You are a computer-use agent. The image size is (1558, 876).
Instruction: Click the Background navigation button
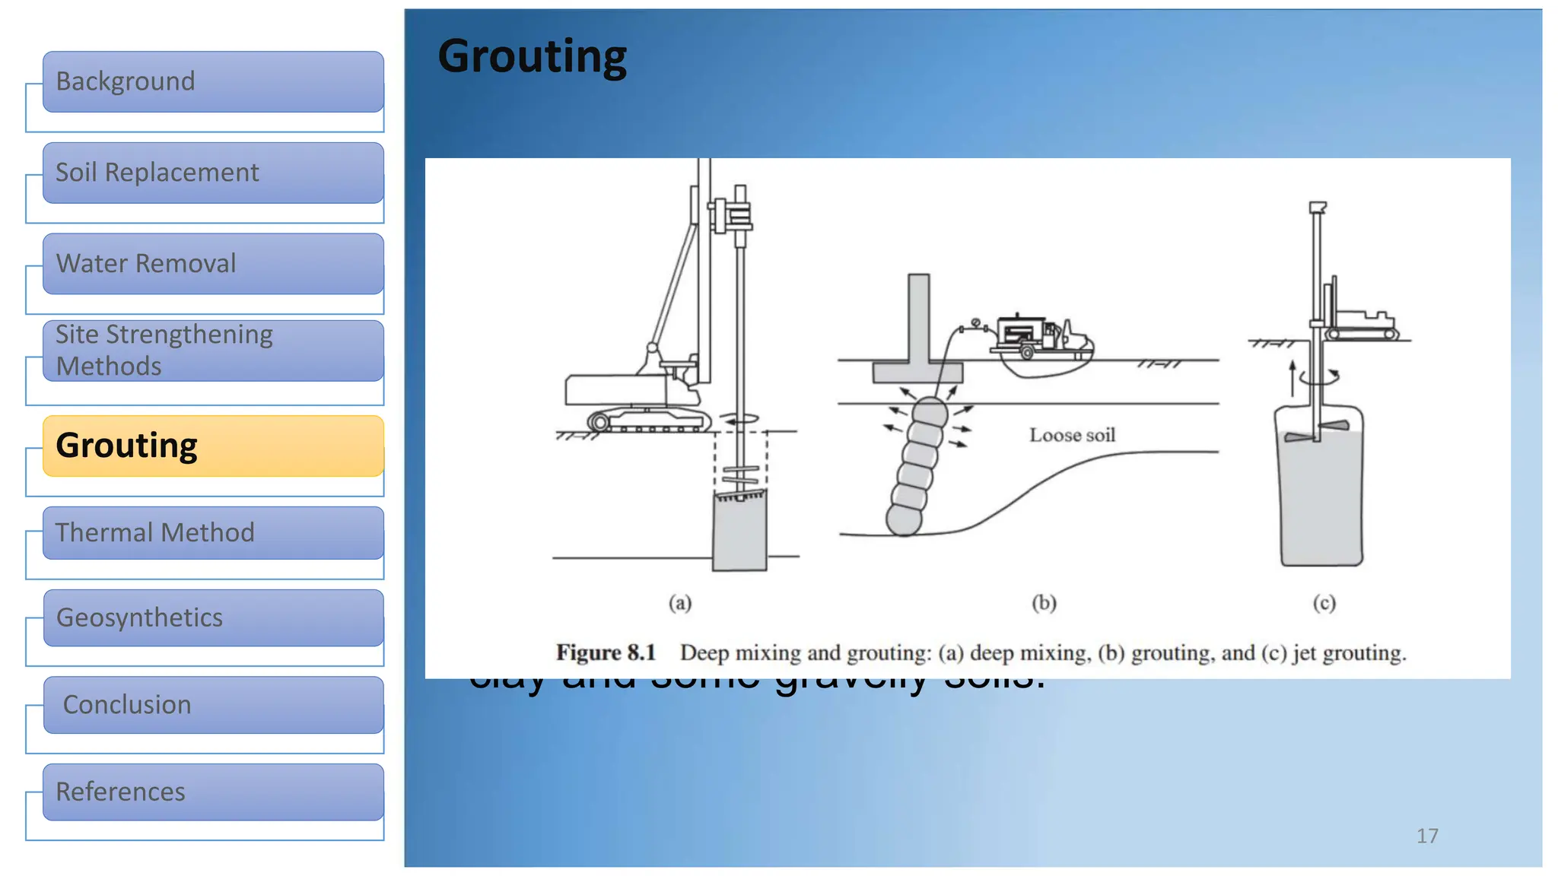click(213, 81)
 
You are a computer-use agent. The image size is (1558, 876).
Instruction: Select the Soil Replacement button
click(213, 173)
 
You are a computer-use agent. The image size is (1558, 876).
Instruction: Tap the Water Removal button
click(213, 264)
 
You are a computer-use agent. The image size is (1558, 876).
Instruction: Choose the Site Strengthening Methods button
click(213, 351)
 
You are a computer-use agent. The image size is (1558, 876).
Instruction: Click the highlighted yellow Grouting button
click(213, 446)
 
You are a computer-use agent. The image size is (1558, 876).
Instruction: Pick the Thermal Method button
click(213, 532)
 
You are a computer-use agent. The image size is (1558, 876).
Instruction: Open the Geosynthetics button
click(213, 617)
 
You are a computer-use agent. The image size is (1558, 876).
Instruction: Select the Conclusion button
click(213, 705)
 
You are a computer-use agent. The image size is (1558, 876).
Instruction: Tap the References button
click(213, 792)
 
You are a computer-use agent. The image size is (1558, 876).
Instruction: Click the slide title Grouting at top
click(532, 57)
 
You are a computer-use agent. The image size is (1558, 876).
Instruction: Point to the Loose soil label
click(1072, 435)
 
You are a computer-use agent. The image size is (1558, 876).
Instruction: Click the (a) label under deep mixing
click(680, 603)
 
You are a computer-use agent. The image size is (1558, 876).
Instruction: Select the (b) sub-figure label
click(1044, 603)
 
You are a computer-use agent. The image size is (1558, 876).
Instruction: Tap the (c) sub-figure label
click(1324, 603)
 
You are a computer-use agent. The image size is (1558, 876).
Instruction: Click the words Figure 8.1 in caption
click(606, 652)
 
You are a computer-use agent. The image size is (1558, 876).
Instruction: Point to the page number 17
click(1427, 836)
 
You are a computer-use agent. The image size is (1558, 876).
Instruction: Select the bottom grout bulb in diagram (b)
click(904, 521)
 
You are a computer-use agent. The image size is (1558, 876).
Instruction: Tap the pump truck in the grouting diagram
click(1039, 336)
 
